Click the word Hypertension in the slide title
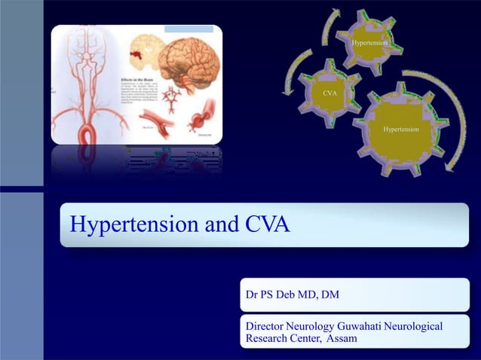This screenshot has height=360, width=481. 129,225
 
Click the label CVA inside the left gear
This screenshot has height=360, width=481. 329,93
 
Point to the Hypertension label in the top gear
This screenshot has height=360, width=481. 369,44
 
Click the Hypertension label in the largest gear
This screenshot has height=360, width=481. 401,130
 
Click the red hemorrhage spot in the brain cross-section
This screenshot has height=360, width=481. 138,55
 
